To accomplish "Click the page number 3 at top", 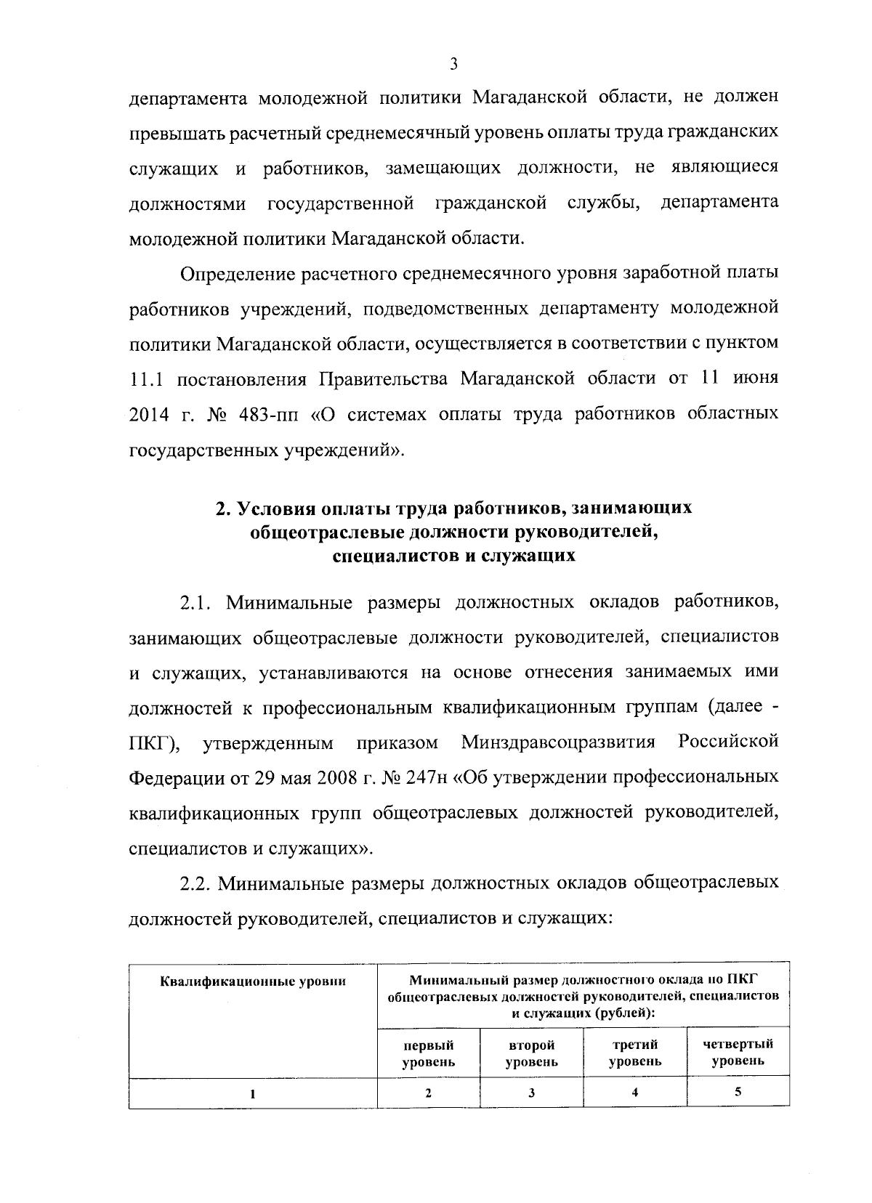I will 453,63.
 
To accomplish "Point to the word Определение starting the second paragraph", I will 232,275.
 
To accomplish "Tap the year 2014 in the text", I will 148,415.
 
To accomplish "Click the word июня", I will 756,378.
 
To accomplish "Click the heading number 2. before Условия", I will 223,509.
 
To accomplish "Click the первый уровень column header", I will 428,1053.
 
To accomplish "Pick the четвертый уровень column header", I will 738,1053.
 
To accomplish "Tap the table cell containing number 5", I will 738,1092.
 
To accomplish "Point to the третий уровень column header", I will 635,1053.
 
